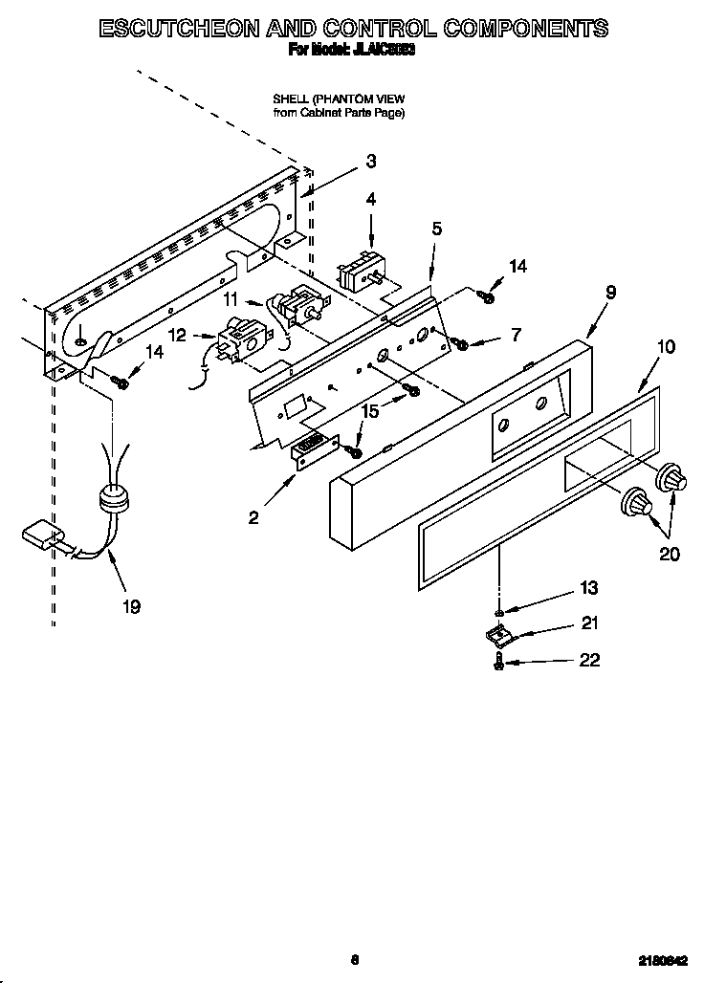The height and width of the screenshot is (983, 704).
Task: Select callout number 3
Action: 371,162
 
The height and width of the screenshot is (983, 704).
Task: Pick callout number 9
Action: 610,293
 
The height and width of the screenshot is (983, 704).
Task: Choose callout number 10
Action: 667,346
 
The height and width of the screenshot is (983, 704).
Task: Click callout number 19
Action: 131,606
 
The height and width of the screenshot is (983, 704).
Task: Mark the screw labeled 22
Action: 499,662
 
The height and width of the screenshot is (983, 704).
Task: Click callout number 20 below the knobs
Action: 670,554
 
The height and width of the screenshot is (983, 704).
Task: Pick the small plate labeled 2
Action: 313,449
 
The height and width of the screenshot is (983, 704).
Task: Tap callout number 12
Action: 177,336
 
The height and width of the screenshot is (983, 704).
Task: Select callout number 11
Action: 231,299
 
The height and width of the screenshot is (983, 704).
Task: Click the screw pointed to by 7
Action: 461,342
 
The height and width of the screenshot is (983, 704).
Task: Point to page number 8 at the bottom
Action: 354,960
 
